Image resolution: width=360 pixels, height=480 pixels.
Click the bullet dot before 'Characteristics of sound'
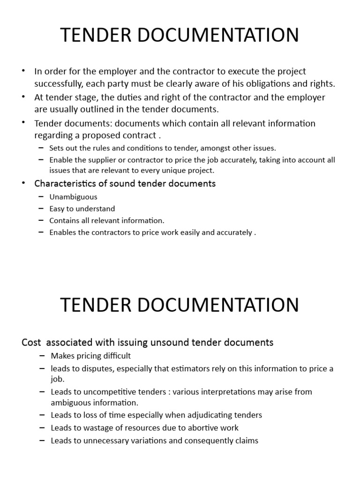click(24, 183)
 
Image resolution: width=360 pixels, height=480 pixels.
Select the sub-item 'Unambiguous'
click(73, 197)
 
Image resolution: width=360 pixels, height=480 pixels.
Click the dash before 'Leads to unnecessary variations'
click(42, 441)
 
